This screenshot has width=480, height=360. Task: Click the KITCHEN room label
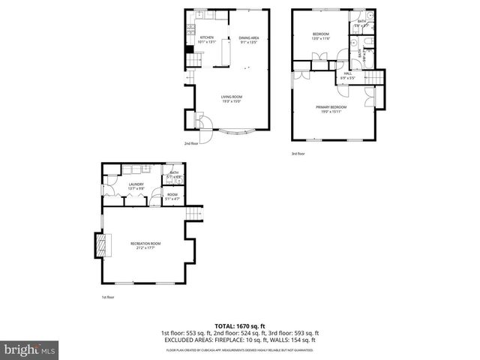point(206,37)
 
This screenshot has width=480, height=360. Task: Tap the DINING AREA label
point(248,37)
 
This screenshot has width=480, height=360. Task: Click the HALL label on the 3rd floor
point(347,73)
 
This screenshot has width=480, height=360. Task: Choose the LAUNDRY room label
point(136,184)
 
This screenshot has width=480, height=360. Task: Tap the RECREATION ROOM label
point(145,244)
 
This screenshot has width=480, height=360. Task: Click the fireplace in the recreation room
point(100,244)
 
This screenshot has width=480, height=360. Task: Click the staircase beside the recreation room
point(194,214)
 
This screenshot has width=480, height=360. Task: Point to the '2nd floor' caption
point(191,143)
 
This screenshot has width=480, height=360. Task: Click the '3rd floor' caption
point(298,153)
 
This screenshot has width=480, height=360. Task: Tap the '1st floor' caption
point(108,298)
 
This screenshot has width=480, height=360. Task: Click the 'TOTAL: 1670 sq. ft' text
point(240,326)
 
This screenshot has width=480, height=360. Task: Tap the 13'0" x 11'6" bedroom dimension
point(321,38)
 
